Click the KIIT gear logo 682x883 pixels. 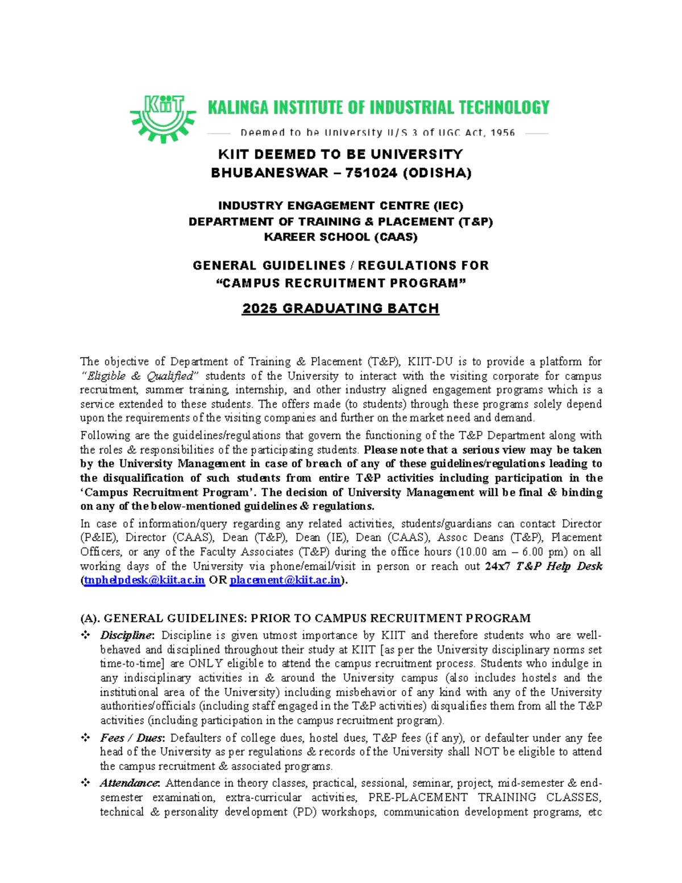tap(163, 118)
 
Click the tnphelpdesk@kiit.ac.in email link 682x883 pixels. tap(144, 580)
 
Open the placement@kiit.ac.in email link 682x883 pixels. tap(285, 580)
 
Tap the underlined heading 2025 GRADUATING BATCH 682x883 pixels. tap(340, 309)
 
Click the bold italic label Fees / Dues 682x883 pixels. tap(132, 737)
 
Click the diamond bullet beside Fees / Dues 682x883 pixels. tap(85, 737)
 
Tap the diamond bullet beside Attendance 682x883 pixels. tap(85, 783)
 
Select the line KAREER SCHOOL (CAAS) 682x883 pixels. tap(340, 237)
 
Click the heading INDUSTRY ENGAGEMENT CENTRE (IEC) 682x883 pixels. tap(340, 205)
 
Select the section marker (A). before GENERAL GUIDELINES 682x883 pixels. tap(90, 618)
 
